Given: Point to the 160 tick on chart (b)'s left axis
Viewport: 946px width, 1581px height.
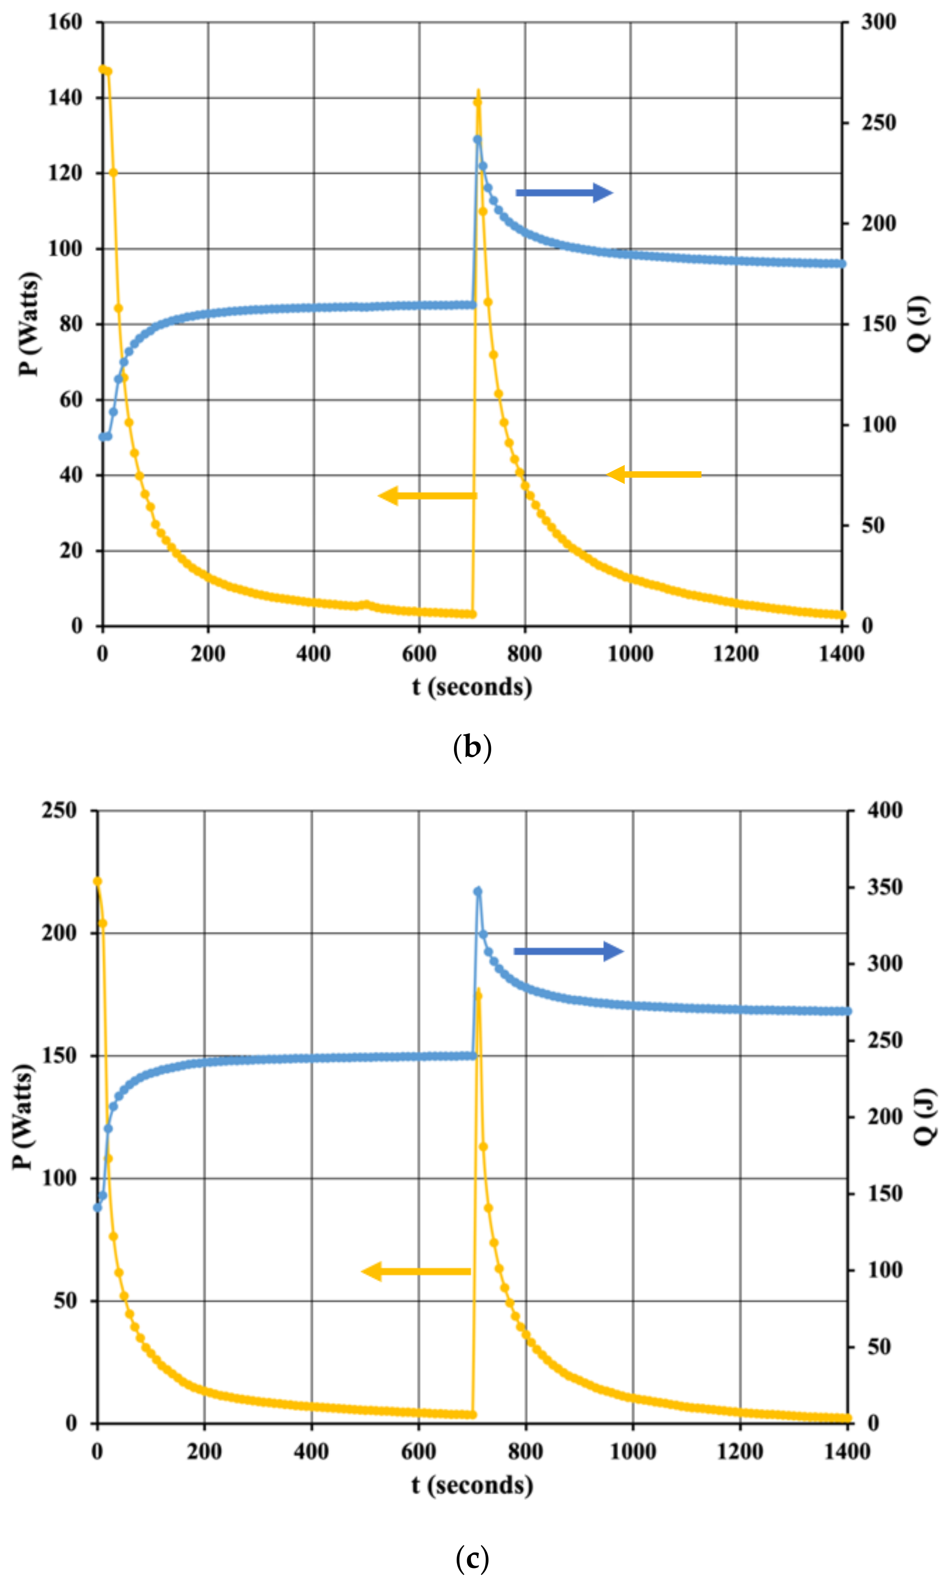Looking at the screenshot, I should click(x=66, y=22).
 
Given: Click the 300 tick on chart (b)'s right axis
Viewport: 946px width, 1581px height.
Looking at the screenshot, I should click(x=878, y=22).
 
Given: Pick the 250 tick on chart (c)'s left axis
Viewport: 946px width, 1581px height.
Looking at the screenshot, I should click(x=59, y=811).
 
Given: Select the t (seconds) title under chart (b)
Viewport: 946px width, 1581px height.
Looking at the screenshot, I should click(x=472, y=687).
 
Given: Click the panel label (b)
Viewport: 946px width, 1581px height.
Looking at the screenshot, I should click(x=472, y=747).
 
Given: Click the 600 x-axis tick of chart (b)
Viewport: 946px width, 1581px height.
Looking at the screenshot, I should click(x=419, y=653).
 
